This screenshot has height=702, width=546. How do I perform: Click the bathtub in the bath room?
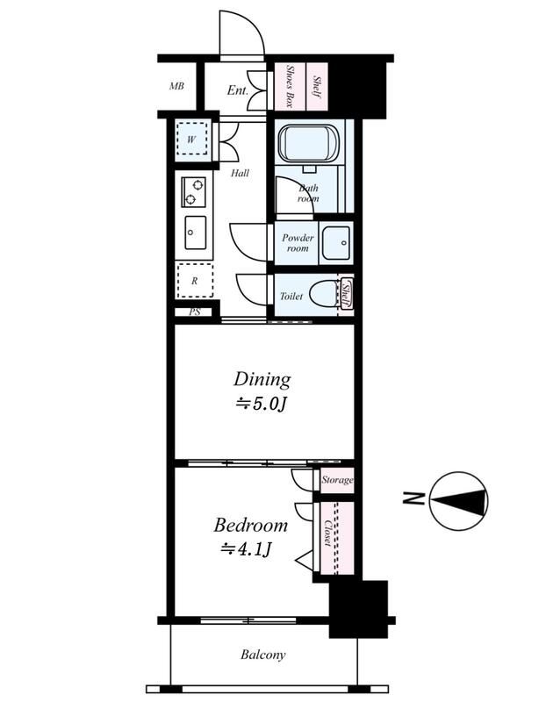(x=309, y=142)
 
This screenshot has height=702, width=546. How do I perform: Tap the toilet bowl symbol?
(x=325, y=293)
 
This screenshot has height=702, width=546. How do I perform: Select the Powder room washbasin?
(x=336, y=243)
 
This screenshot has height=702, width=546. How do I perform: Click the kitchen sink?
(x=194, y=233)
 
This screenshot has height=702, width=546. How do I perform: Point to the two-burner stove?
(x=193, y=191)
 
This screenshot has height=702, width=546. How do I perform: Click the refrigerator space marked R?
(x=195, y=281)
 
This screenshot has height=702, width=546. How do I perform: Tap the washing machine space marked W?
(x=191, y=140)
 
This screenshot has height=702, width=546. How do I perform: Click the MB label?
(x=176, y=86)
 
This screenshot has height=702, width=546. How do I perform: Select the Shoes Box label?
(x=290, y=86)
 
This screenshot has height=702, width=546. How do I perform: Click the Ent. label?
(x=237, y=90)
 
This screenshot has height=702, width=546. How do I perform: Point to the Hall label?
(x=240, y=173)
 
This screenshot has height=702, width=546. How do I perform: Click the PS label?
(x=195, y=312)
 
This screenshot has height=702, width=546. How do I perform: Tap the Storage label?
(x=337, y=480)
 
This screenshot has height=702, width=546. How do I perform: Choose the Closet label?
(x=328, y=534)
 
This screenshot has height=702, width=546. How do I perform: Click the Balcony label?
(x=263, y=655)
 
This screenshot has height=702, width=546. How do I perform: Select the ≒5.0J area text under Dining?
(x=261, y=405)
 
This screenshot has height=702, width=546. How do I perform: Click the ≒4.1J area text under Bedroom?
(x=246, y=549)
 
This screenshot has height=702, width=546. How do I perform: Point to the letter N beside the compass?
(x=413, y=498)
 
